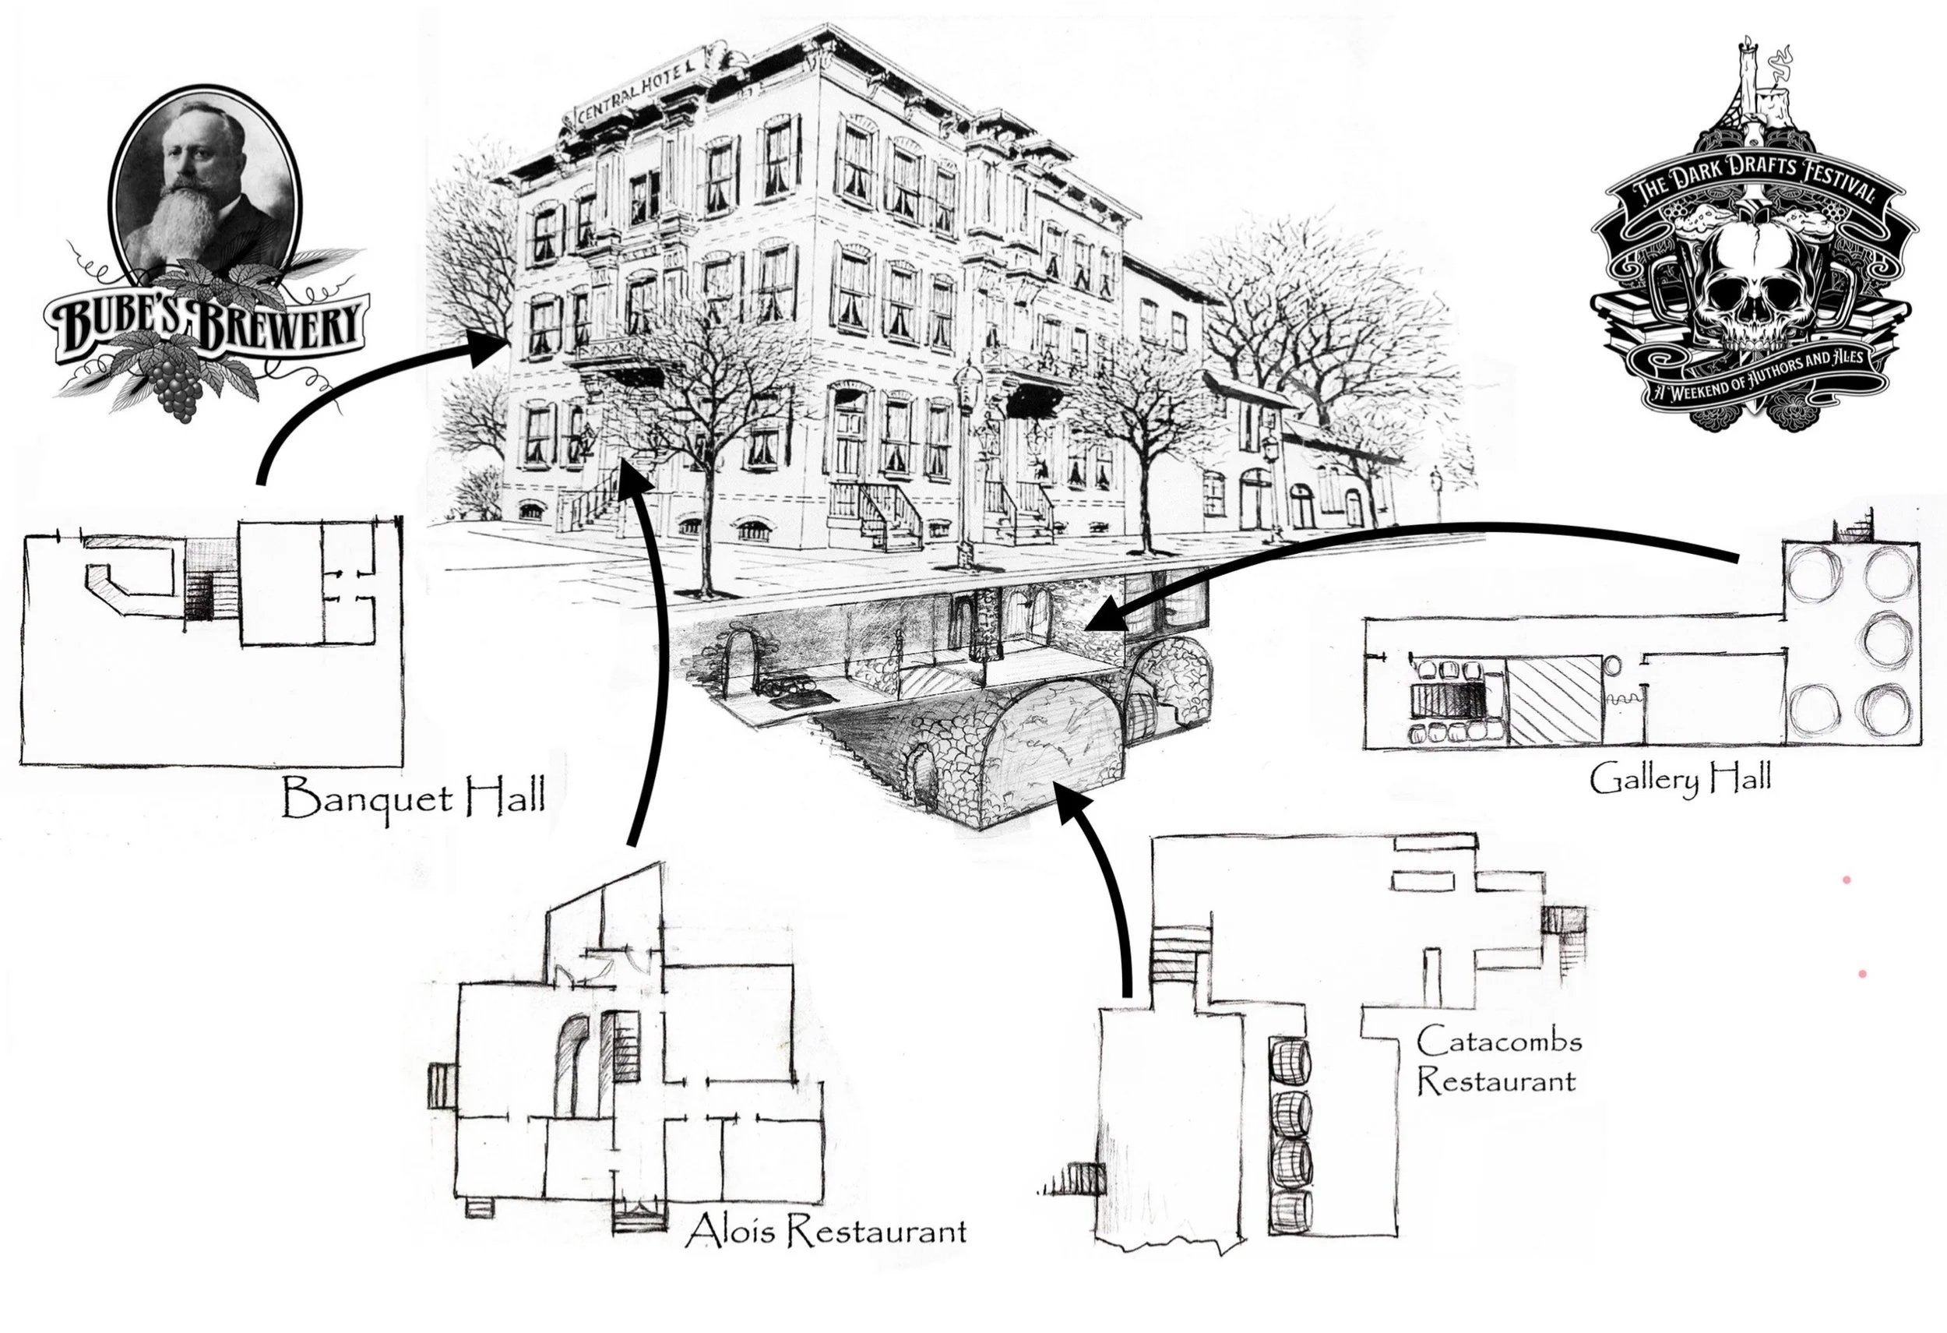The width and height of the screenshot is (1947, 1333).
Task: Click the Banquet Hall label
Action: click(x=413, y=798)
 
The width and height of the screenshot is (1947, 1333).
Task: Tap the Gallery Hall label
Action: click(x=1681, y=779)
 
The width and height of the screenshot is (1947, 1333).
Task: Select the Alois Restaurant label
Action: click(x=826, y=1232)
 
